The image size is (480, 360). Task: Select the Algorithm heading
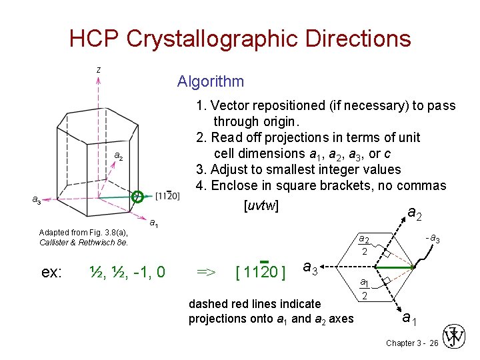pyautogui.click(x=211, y=81)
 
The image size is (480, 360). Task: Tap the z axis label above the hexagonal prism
pyautogui.click(x=98, y=69)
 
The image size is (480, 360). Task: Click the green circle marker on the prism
pyautogui.click(x=138, y=196)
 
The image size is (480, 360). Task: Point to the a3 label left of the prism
pyautogui.click(x=37, y=199)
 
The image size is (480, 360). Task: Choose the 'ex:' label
pyautogui.click(x=51, y=272)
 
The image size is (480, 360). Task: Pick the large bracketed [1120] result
pyautogui.click(x=261, y=272)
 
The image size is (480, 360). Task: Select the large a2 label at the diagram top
pyautogui.click(x=414, y=213)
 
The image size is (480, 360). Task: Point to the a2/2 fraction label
pyautogui.click(x=365, y=245)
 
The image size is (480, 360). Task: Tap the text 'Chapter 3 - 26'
pyautogui.click(x=411, y=343)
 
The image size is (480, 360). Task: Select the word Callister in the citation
pyautogui.click(x=54, y=242)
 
